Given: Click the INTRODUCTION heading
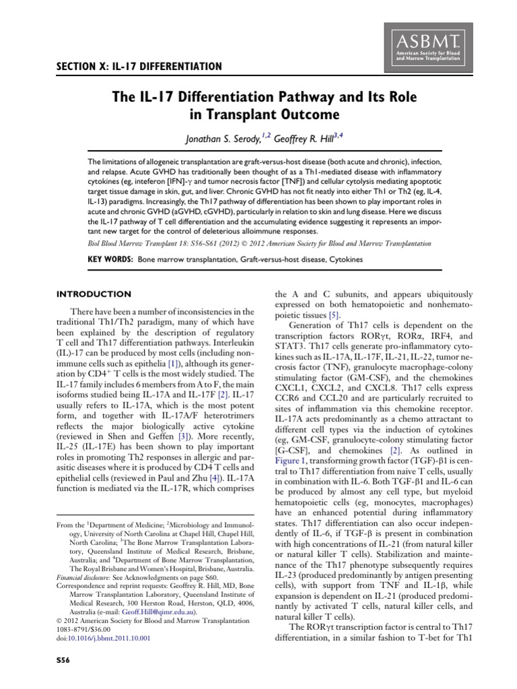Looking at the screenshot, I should (94, 294).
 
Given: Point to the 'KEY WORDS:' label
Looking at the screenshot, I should (111, 259).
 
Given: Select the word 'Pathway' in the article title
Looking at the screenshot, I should (302, 97).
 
